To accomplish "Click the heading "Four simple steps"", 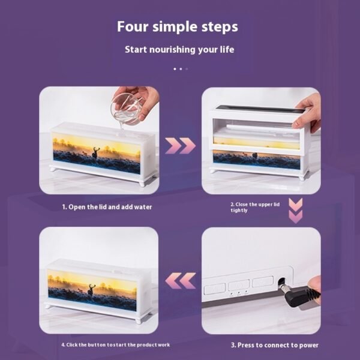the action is [177, 27].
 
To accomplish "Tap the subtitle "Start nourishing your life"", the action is [179, 50].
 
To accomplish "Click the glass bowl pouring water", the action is [125, 109].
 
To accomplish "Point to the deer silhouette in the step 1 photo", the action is [95, 152].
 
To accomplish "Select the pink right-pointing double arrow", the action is [180, 146].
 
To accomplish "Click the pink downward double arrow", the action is [295, 211].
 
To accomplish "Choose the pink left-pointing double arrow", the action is [181, 281].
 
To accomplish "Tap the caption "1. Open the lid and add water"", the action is [107, 207].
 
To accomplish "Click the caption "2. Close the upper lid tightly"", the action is [255, 208].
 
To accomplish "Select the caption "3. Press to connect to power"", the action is [275, 345].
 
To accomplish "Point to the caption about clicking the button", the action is [116, 345].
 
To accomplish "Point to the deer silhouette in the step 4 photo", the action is [91, 290].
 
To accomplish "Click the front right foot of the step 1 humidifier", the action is [142, 183].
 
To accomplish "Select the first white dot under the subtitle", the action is [175, 69].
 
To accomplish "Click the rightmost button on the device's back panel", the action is [263, 281].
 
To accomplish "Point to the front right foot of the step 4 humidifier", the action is [139, 321].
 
